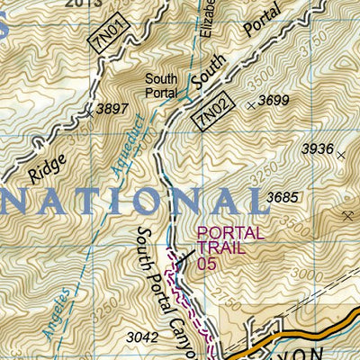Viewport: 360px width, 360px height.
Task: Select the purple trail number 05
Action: [208, 264]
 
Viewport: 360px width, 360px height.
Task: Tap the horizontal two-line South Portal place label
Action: [163, 85]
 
